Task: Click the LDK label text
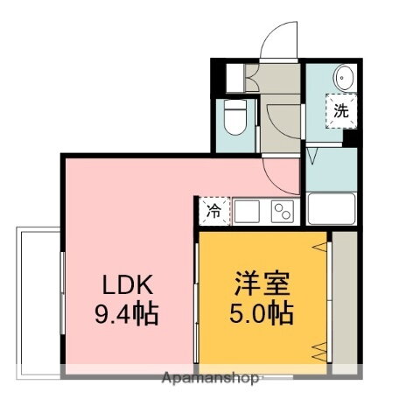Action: click(129, 285)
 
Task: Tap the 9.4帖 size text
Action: click(129, 312)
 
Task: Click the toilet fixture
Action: click(234, 117)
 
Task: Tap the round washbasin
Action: click(342, 79)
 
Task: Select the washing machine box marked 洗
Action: click(341, 111)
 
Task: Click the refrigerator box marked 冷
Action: click(213, 211)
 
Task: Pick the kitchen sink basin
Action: click(246, 211)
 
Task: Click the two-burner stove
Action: click(283, 211)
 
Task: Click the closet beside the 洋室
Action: click(344, 297)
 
